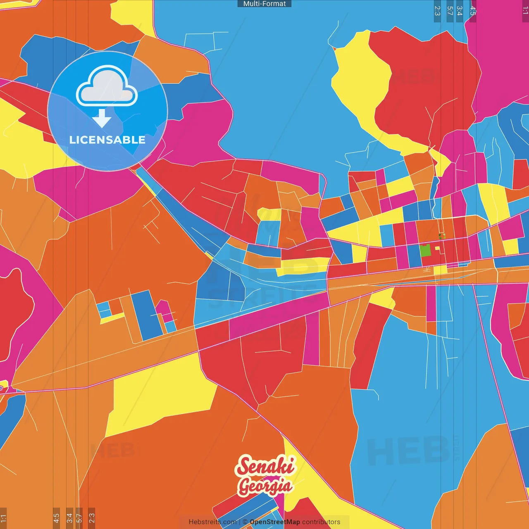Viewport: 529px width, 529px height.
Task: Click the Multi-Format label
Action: point(264,4)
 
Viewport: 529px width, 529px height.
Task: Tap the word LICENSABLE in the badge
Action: point(107,140)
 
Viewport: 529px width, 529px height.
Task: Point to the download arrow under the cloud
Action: point(102,119)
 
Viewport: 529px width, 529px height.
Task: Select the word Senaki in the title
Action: point(266,467)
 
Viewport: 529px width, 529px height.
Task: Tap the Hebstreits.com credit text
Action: point(212,522)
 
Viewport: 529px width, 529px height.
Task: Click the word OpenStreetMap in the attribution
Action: point(275,522)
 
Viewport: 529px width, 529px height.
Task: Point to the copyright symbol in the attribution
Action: point(245,522)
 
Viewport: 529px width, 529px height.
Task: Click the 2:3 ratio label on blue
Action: point(437,11)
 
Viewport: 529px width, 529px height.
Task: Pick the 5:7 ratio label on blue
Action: point(450,11)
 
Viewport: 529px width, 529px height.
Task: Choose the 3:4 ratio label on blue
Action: point(460,11)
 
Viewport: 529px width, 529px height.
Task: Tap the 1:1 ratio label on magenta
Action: point(525,11)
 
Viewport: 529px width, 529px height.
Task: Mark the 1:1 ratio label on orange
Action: point(3,518)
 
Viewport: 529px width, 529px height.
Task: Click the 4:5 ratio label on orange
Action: point(56,518)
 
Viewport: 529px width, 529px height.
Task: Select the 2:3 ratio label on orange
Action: point(91,518)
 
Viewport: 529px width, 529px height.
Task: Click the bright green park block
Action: point(425,250)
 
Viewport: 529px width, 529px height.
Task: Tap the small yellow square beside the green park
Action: point(437,248)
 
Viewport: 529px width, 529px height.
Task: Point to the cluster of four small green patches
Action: point(442,236)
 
